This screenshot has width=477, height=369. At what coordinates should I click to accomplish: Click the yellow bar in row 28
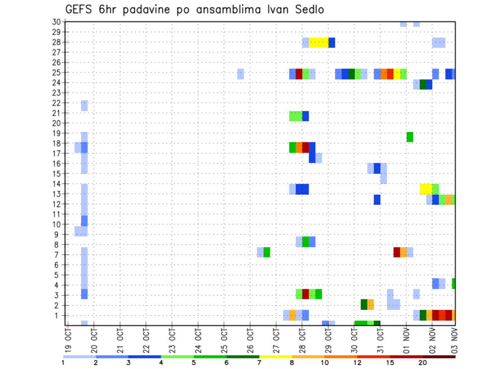[318, 43]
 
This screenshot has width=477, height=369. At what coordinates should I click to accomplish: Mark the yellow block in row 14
[426, 189]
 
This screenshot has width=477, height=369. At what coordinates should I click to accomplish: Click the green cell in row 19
[410, 137]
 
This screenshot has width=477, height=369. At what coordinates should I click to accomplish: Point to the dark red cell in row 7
[397, 252]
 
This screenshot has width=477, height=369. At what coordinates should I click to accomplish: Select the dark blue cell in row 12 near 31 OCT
[377, 199]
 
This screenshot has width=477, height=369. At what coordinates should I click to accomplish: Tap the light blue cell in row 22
[84, 105]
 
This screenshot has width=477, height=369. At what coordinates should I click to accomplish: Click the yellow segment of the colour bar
[275, 356]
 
